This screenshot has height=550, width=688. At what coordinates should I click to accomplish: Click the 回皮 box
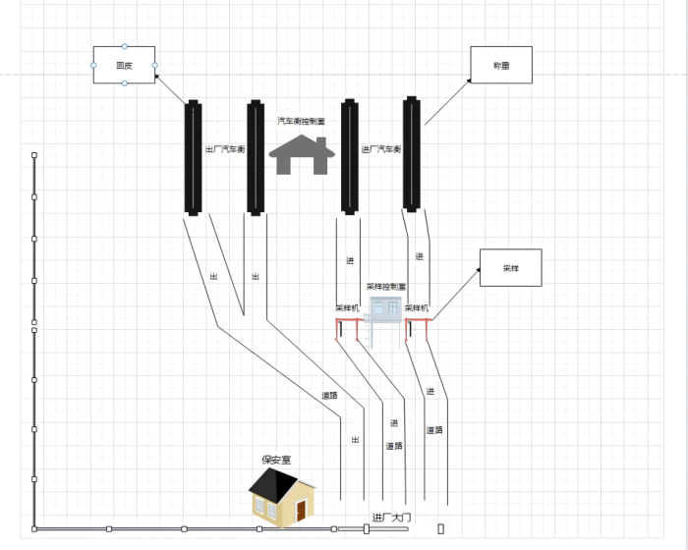(124, 65)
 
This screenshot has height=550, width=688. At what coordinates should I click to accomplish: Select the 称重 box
(500, 65)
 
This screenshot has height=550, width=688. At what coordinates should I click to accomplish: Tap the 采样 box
(510, 267)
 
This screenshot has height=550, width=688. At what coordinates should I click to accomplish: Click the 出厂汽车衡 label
(224, 149)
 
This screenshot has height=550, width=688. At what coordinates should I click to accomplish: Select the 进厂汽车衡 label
(381, 149)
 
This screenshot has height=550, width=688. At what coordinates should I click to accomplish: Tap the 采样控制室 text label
(386, 287)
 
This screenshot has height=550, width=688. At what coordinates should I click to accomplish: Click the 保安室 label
(275, 460)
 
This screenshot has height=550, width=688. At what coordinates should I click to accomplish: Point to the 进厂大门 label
(398, 517)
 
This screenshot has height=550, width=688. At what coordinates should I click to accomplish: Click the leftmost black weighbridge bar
(193, 157)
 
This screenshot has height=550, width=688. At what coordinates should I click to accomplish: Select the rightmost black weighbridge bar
(411, 153)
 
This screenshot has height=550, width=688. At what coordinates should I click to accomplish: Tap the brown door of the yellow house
(302, 508)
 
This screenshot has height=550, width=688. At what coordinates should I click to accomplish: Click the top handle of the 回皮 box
(124, 46)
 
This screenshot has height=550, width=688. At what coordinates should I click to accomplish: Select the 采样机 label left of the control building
(348, 307)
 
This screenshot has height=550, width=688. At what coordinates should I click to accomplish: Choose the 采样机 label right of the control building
(418, 307)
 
